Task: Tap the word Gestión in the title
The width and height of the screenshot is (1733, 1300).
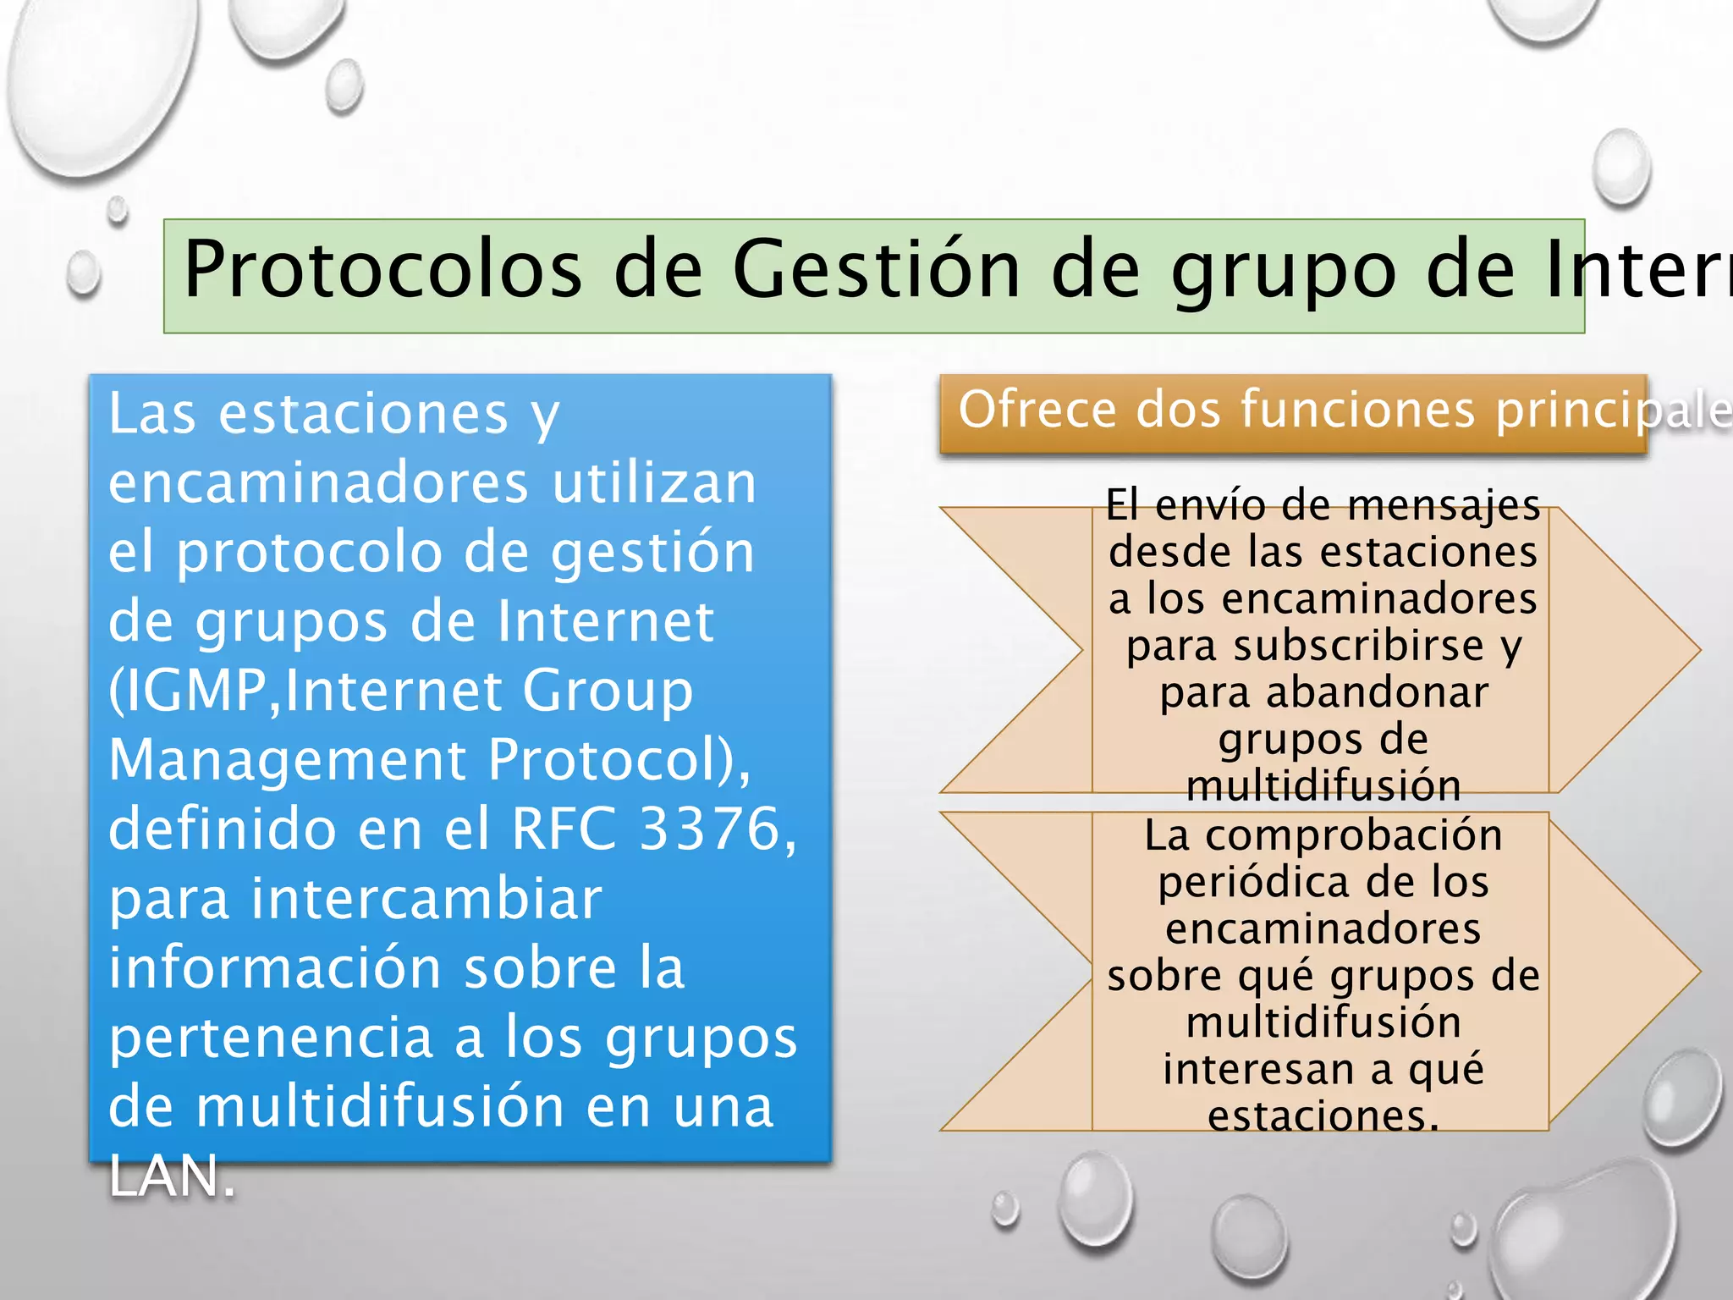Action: pos(876,269)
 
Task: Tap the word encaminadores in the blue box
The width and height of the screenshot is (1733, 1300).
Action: pos(317,482)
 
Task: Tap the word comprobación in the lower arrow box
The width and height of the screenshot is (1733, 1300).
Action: pos(1354,835)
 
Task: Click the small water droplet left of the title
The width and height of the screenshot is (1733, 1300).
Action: pos(83,274)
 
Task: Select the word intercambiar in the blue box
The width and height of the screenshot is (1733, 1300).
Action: pos(355,898)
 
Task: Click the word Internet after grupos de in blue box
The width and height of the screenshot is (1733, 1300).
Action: pos(605,621)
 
